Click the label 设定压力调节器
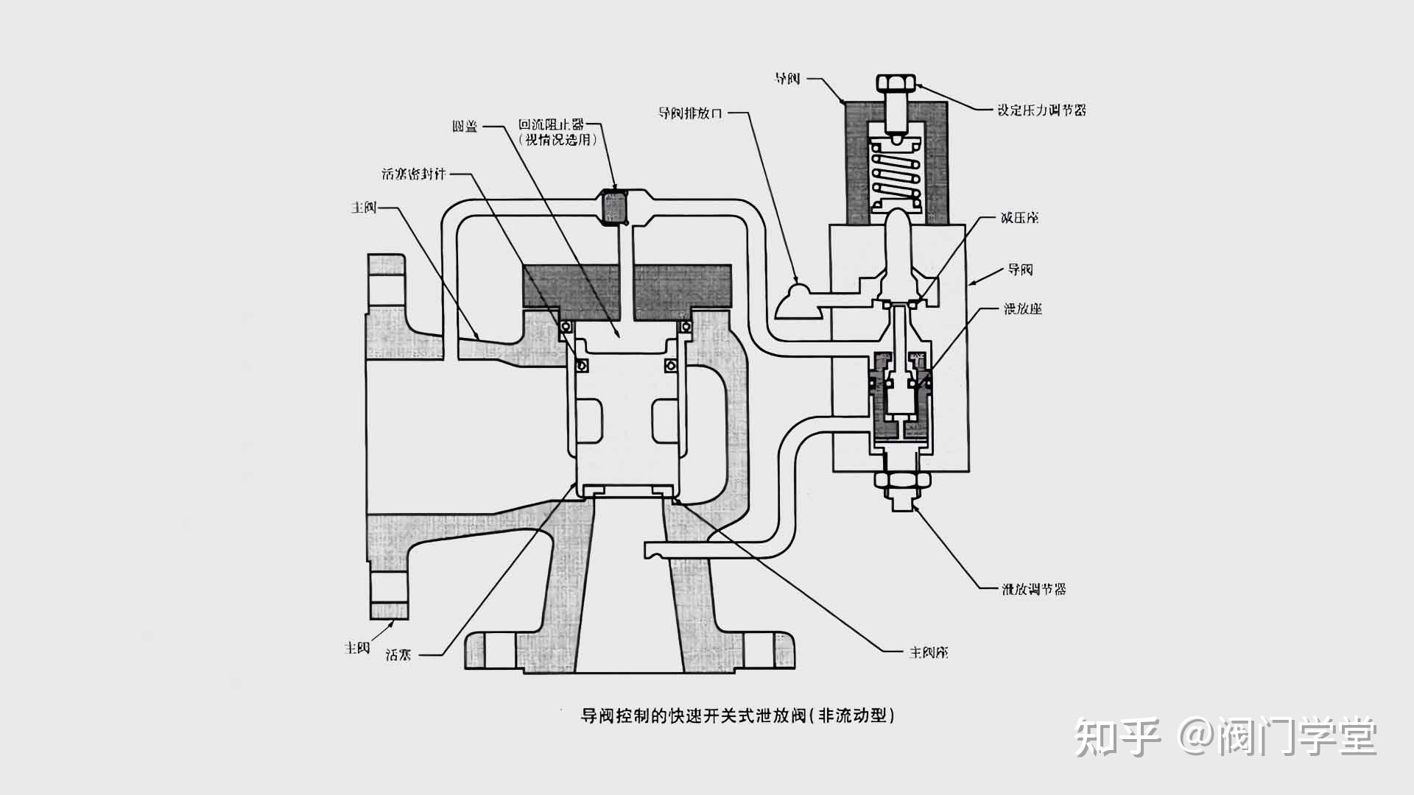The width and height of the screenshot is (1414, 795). [1041, 110]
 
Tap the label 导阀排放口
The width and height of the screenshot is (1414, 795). [690, 113]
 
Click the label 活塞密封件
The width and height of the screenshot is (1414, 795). [414, 174]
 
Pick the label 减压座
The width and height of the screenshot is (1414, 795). [1019, 218]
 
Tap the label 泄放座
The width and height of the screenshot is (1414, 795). [1023, 309]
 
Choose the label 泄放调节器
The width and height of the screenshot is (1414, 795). [1033, 589]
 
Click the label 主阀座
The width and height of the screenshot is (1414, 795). [928, 653]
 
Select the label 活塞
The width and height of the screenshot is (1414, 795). [398, 654]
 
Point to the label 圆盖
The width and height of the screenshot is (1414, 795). [465, 127]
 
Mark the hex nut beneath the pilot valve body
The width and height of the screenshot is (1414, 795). [901, 481]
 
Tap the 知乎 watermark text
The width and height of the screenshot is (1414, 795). [1116, 736]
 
